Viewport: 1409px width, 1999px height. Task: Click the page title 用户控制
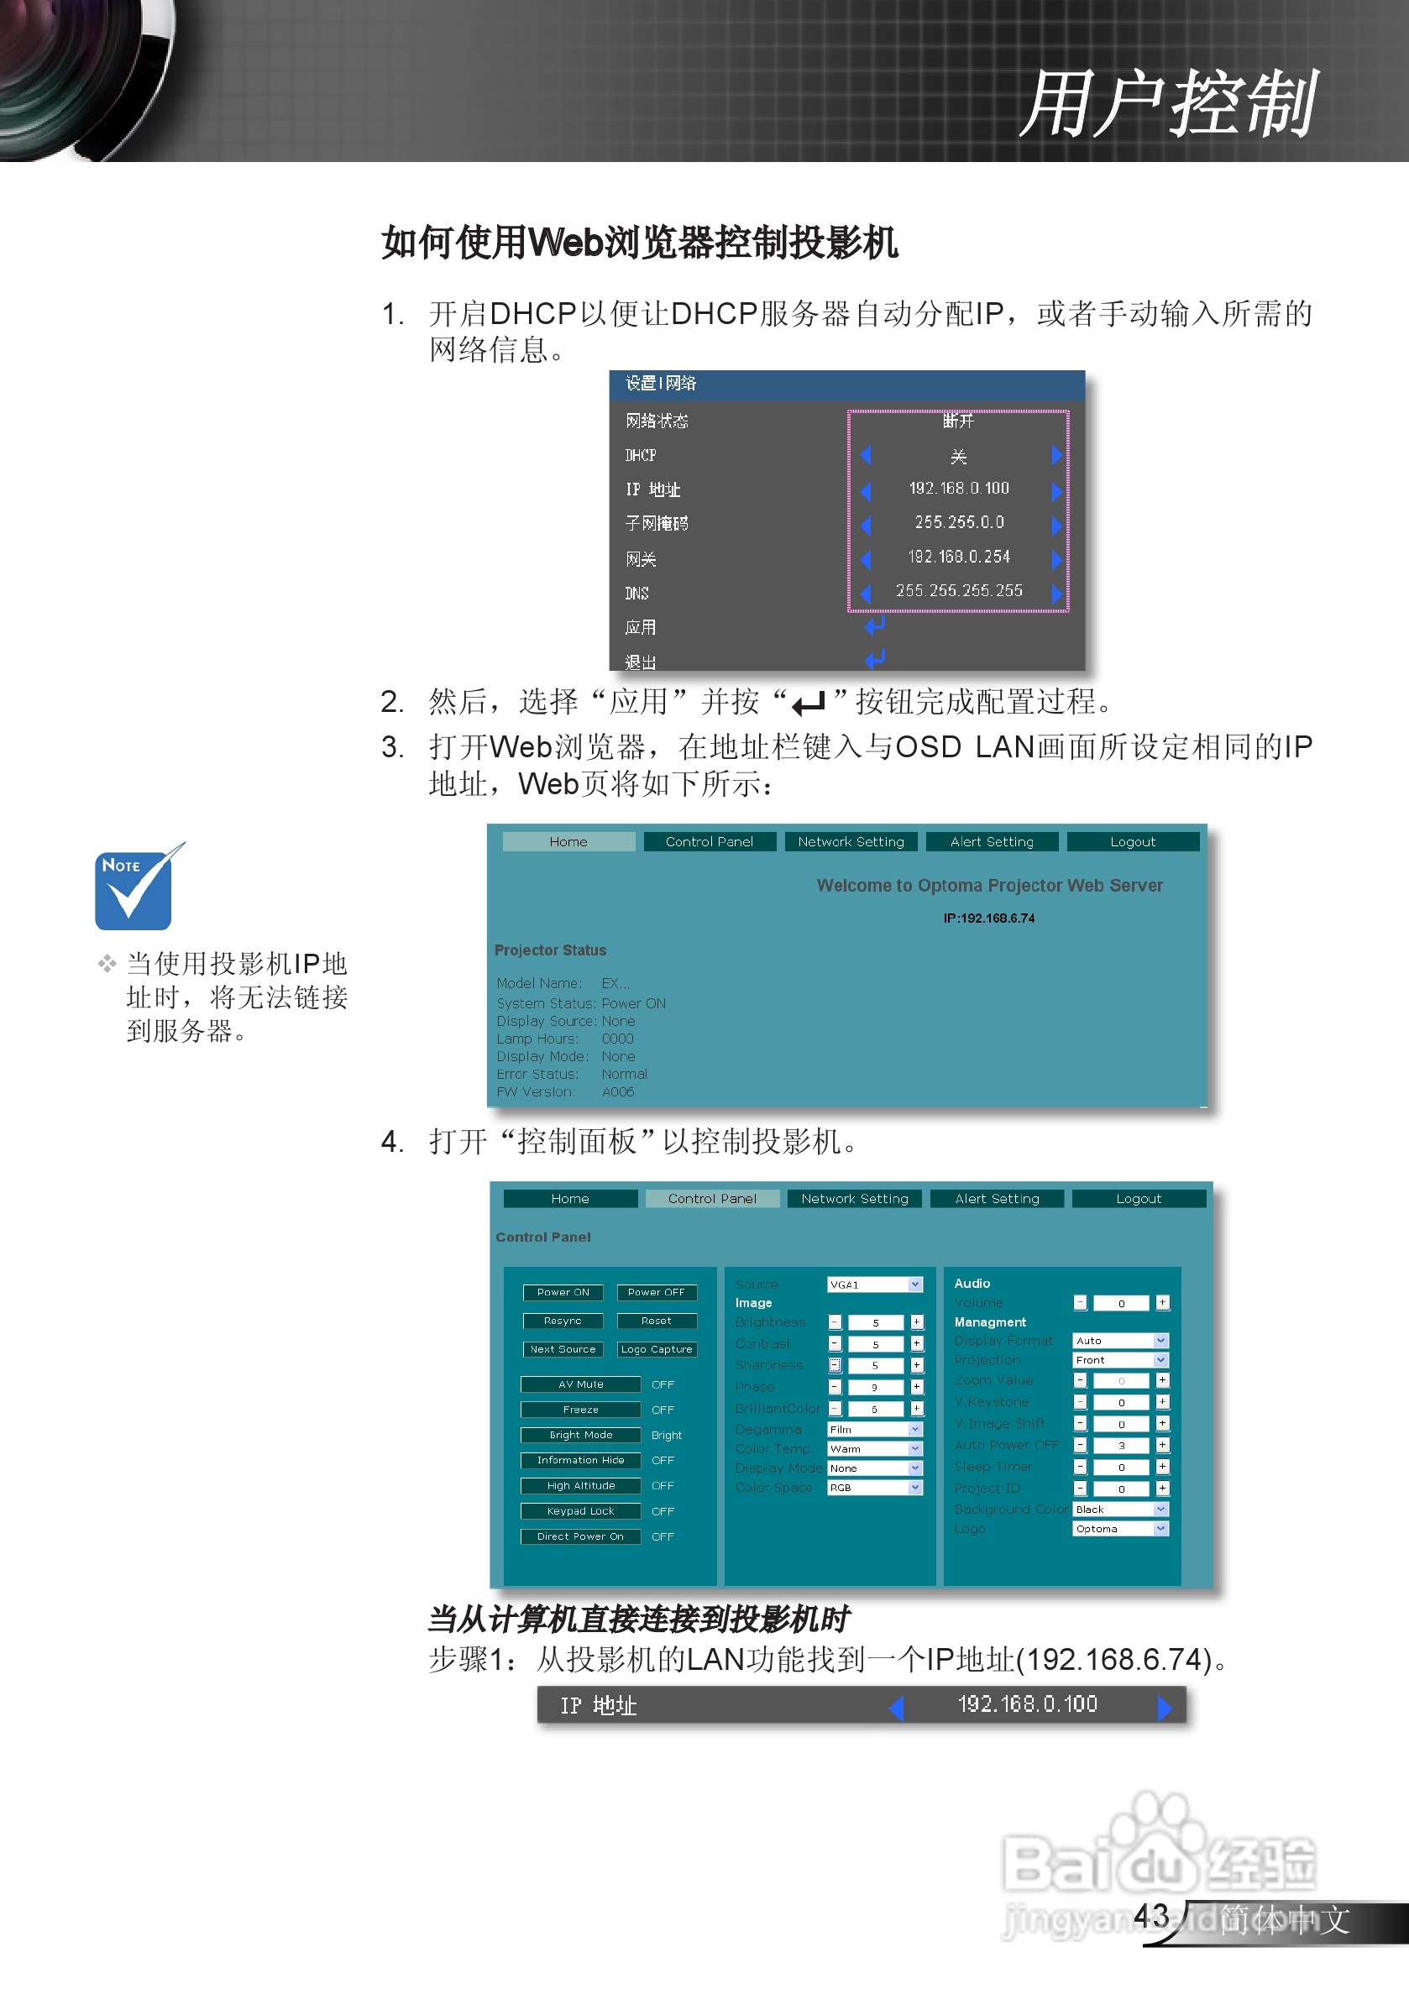click(x=1167, y=104)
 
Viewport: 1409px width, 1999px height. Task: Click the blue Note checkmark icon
click(x=135, y=889)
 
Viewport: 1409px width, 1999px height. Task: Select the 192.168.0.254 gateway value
click(x=959, y=557)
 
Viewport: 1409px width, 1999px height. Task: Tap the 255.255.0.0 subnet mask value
click(x=959, y=522)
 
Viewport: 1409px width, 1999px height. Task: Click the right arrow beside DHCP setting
click(x=1056, y=455)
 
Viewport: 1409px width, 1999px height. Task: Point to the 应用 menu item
click(x=641, y=628)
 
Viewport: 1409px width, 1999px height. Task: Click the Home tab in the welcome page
click(x=568, y=842)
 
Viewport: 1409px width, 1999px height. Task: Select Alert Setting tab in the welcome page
click(x=992, y=842)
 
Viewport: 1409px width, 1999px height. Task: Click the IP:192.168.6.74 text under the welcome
click(x=989, y=918)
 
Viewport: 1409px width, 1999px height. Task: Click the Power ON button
click(x=563, y=1293)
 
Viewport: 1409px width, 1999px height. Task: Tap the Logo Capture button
click(x=657, y=1349)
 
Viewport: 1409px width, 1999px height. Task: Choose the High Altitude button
click(x=581, y=1486)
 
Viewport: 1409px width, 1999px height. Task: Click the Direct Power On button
click(x=581, y=1536)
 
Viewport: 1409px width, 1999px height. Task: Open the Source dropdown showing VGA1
click(x=874, y=1285)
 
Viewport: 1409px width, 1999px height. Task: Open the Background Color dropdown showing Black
click(x=1120, y=1510)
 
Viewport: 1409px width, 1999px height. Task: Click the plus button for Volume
click(x=1163, y=1303)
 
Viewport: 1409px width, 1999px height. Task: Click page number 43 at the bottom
click(x=1150, y=1915)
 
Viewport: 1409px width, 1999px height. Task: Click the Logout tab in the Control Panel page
click(x=1138, y=1199)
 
